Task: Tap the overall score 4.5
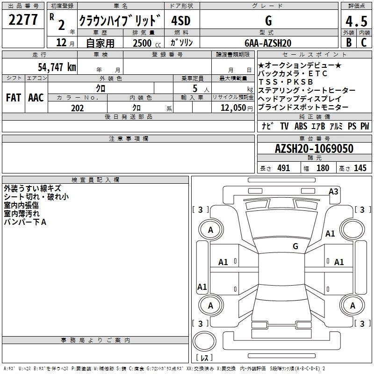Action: (x=356, y=22)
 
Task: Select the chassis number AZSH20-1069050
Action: (x=314, y=149)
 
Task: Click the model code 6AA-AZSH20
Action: (x=268, y=43)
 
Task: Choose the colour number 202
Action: (x=77, y=108)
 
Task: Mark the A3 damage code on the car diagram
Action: (x=333, y=191)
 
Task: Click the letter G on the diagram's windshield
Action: (x=295, y=246)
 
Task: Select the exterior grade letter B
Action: (x=348, y=43)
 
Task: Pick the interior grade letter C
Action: (x=364, y=43)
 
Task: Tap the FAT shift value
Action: (x=14, y=98)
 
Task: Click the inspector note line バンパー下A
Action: (x=25, y=222)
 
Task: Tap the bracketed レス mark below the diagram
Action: (x=204, y=358)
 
